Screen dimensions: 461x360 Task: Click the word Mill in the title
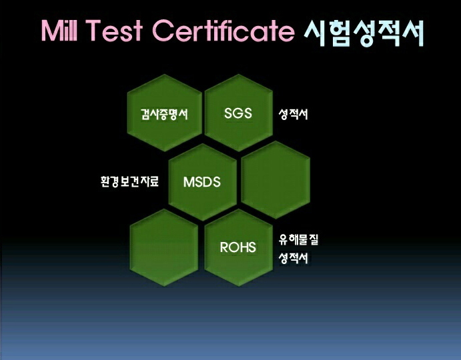tap(59, 30)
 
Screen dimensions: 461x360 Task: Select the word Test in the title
tap(114, 30)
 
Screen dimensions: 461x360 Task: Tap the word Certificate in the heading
tap(223, 30)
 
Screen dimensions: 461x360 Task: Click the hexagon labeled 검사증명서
tap(165, 113)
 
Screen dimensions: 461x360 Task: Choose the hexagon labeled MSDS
tap(202, 182)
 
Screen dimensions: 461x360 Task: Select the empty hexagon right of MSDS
tap(276, 179)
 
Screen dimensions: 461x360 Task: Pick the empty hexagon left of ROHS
tap(164, 247)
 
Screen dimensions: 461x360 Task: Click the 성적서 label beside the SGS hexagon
tap(293, 114)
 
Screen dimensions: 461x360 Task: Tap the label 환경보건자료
tap(129, 181)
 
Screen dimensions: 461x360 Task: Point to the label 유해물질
tap(298, 240)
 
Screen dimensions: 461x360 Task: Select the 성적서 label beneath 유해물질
tap(293, 258)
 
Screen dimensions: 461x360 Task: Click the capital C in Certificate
tap(163, 30)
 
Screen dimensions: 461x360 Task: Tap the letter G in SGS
tap(238, 113)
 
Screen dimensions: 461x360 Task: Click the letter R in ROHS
tap(224, 247)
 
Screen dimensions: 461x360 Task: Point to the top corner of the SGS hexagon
tap(239, 74)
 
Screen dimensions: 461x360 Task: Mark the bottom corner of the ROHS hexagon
tap(239, 286)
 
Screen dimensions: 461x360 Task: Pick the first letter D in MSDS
tap(206, 182)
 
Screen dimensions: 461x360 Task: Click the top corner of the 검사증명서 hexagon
tap(165, 74)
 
